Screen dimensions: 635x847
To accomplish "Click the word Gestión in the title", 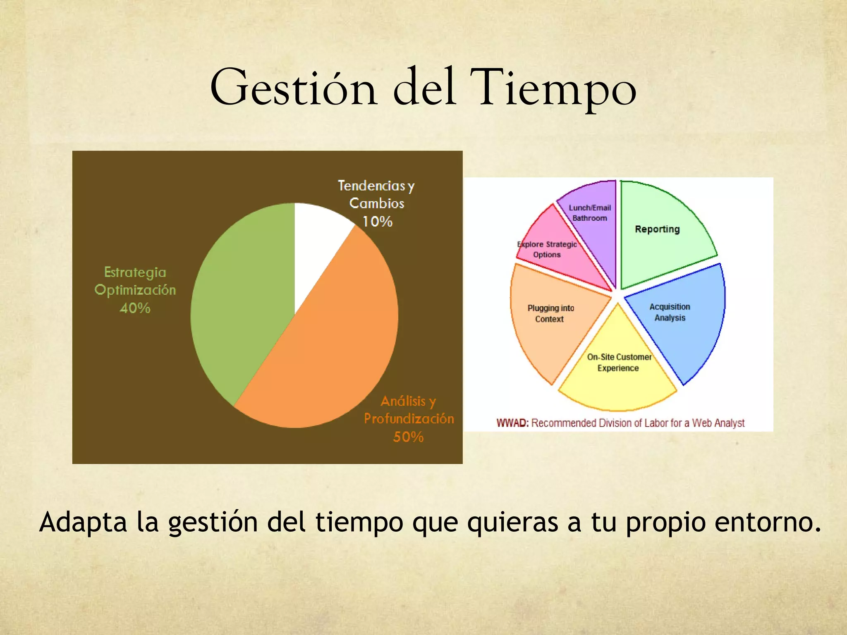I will pos(293,88).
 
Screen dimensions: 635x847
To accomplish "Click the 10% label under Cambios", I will pos(377,222).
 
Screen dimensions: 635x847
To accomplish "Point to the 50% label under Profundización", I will pos(408,437).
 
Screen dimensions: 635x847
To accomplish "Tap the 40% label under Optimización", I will pos(135,308).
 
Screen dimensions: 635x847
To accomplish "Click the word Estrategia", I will pos(135,272).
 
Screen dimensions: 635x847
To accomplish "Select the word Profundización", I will pos(409,419).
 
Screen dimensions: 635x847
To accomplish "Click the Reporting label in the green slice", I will pos(657,229).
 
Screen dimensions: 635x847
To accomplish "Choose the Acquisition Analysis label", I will pos(670,312).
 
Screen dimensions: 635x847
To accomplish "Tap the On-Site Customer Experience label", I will pos(619,362).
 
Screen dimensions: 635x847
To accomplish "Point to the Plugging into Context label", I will pos(550,313).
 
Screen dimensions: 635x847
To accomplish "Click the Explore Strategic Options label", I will pos(547,249).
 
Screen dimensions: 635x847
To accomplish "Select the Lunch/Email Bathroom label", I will pos(589,212).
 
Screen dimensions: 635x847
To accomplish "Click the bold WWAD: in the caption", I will pos(512,423).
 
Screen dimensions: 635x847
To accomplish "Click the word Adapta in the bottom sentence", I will pos(83,522).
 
